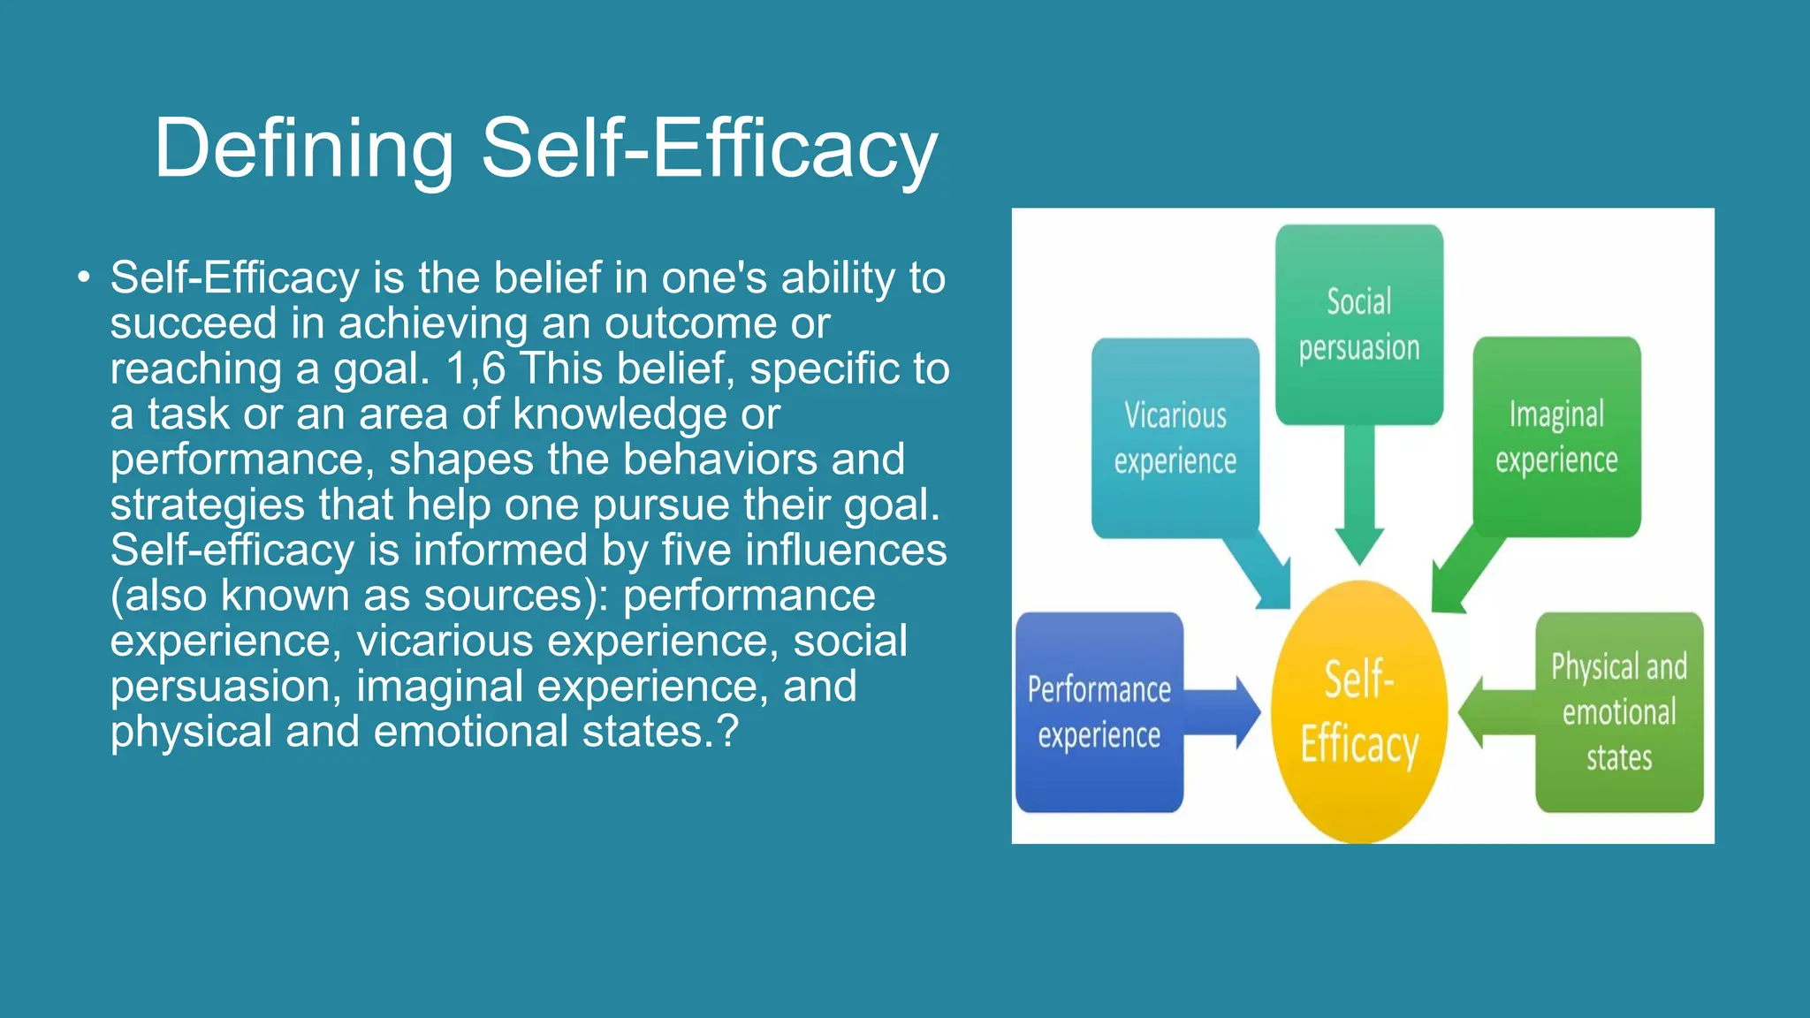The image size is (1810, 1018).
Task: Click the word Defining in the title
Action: [303, 148]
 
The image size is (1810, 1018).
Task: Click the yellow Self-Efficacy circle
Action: [1358, 711]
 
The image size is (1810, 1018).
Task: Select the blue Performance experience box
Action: [1099, 712]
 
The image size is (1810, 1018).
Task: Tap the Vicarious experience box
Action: [1175, 438]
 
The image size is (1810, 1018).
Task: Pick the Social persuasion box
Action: [1358, 324]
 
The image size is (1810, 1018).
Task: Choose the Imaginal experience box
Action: [1556, 437]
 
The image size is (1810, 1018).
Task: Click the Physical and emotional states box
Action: [1618, 712]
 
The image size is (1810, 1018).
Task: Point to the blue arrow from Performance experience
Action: [1224, 712]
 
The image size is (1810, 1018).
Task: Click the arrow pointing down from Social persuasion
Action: [1358, 495]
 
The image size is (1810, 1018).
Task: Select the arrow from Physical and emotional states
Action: [1494, 712]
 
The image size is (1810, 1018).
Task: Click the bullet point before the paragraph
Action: [83, 278]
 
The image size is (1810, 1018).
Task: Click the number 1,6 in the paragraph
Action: [475, 368]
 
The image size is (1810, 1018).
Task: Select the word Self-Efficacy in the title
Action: [708, 148]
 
